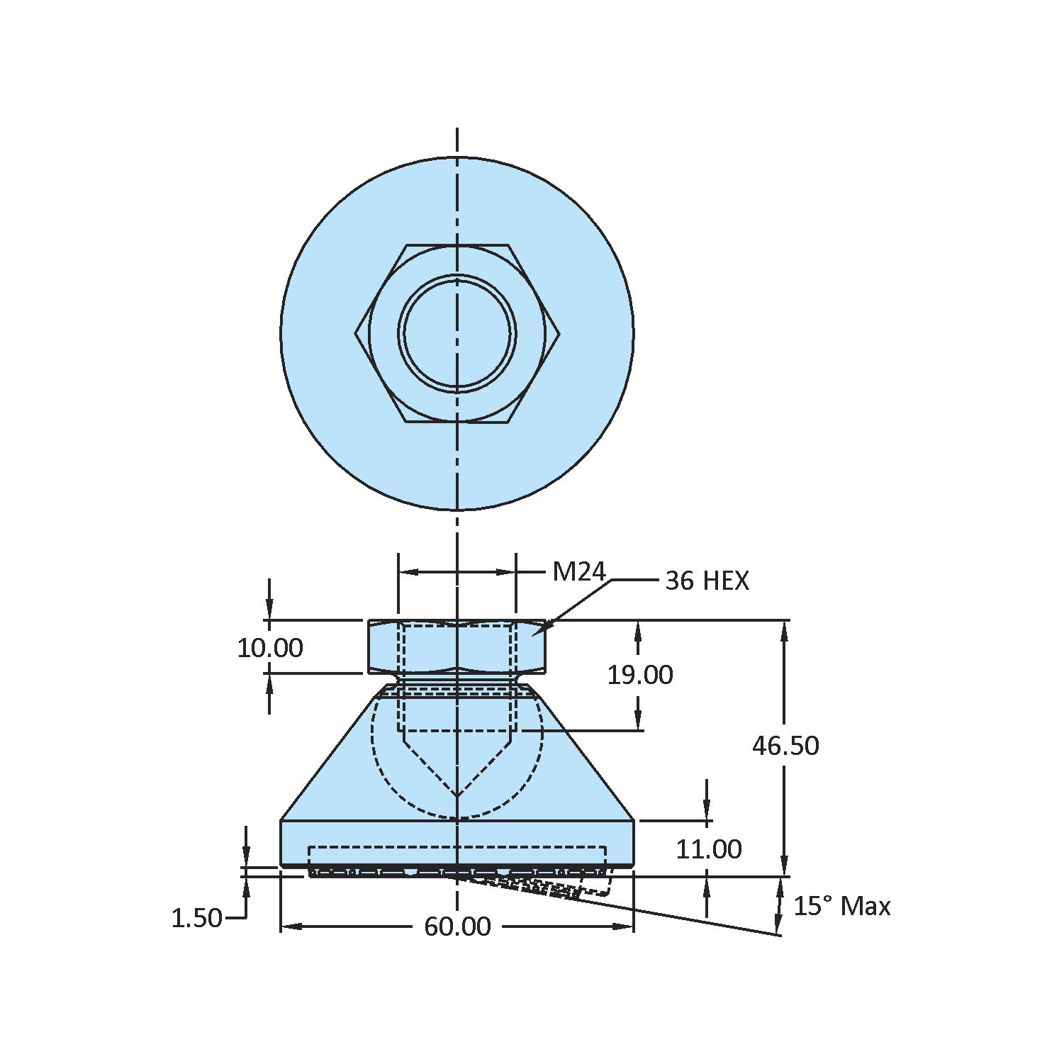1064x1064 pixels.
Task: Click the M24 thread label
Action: point(578,571)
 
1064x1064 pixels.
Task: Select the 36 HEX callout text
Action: point(707,581)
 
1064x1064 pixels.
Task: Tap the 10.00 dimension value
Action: point(270,648)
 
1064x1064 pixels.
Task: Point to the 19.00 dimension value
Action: point(639,675)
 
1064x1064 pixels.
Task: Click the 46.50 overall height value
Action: point(785,746)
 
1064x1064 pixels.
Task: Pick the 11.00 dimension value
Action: point(708,849)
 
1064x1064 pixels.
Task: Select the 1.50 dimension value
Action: point(197,918)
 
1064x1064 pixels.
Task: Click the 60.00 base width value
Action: point(457,926)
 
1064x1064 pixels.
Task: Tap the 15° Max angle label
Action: point(841,906)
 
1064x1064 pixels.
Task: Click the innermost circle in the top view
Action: point(457,333)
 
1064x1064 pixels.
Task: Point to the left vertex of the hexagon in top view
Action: point(356,333)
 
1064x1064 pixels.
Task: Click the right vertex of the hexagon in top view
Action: point(559,333)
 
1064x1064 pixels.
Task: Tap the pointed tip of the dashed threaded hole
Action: point(457,796)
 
